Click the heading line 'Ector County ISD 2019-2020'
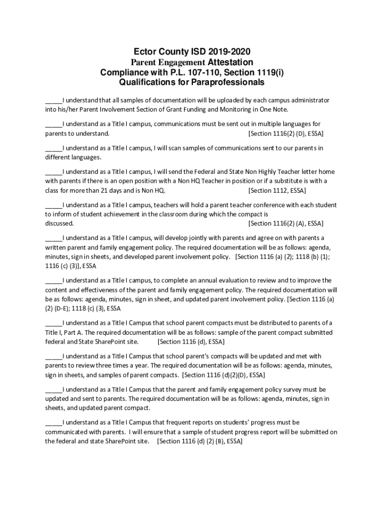[x=192, y=52]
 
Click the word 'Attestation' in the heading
[x=230, y=62]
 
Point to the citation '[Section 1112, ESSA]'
[x=277, y=191]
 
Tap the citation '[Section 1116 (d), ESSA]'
[x=191, y=342]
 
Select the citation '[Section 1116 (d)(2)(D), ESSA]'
[x=224, y=375]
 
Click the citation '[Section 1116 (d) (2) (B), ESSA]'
[x=199, y=441]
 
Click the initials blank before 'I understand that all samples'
[x=53, y=101]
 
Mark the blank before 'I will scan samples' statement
[x=53, y=148]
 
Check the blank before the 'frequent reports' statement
[x=53, y=422]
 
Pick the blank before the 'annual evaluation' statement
[x=53, y=280]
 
